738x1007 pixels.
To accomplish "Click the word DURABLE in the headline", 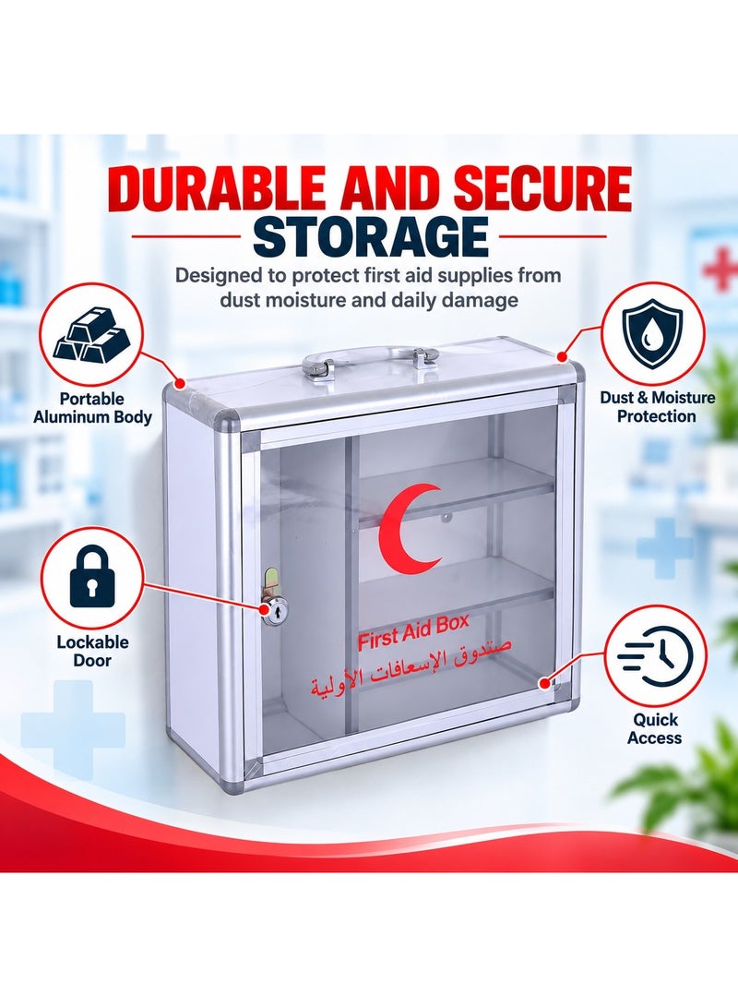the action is tap(220, 189).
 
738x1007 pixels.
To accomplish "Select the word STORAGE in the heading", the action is tap(370, 237).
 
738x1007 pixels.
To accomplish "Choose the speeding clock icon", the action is tap(655, 657).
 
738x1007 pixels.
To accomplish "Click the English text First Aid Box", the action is tap(413, 632).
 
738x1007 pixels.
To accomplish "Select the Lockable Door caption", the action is tap(92, 652).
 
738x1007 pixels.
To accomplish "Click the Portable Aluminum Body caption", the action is tap(92, 408).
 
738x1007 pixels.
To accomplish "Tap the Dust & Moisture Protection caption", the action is tap(657, 406).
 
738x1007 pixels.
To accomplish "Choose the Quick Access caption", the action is tap(655, 728).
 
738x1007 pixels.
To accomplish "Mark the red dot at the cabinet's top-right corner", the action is tap(563, 355).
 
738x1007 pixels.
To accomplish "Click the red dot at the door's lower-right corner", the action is tap(545, 683).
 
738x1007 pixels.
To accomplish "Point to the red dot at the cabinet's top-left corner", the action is tap(180, 384).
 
